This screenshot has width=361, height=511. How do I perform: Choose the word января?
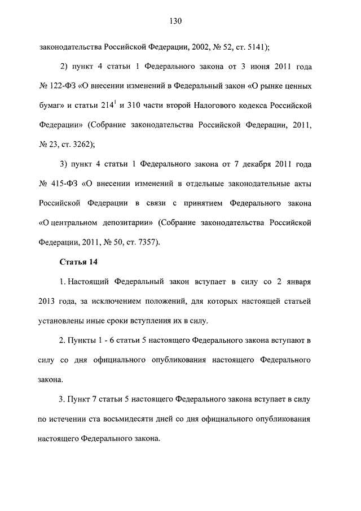pos(296,281)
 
